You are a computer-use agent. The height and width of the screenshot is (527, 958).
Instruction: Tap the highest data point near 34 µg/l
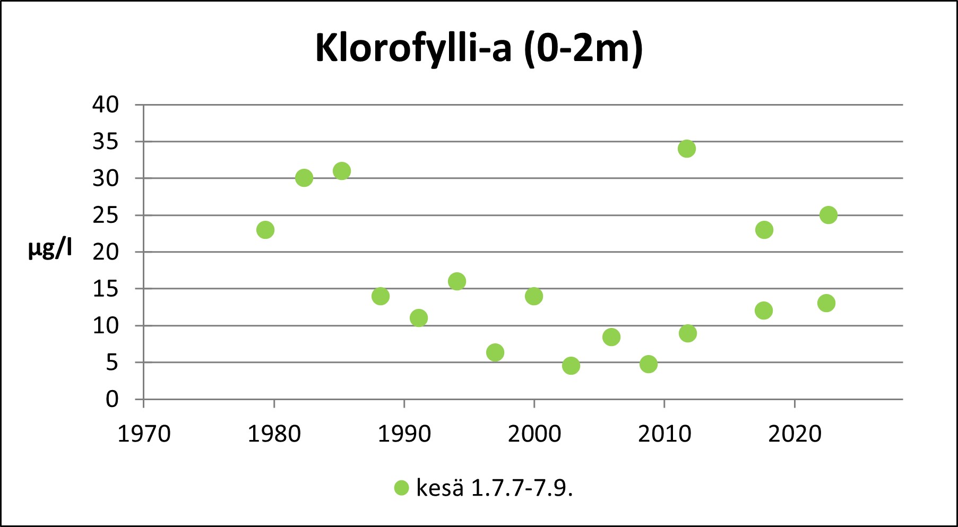click(x=686, y=149)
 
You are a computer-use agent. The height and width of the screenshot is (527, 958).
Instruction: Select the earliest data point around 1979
click(x=265, y=230)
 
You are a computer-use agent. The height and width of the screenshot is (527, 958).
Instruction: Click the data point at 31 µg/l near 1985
click(x=342, y=171)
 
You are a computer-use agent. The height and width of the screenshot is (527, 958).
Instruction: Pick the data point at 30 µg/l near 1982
click(x=304, y=178)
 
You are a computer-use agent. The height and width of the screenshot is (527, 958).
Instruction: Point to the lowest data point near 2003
click(x=571, y=366)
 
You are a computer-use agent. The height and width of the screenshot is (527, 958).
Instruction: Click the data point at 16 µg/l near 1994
click(x=456, y=281)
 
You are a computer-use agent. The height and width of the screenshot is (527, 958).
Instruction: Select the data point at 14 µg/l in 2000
click(x=533, y=296)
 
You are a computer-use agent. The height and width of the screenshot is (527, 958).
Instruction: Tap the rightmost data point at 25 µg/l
click(x=828, y=215)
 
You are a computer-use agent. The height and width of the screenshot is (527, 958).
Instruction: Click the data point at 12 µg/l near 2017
click(x=763, y=310)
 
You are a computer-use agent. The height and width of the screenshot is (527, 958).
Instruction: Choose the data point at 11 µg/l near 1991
click(x=418, y=318)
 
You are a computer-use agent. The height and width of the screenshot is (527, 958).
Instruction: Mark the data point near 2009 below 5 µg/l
click(x=648, y=364)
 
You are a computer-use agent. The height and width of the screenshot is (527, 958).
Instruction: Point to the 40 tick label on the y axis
click(x=106, y=105)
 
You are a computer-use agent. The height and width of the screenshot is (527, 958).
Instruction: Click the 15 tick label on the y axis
click(x=106, y=289)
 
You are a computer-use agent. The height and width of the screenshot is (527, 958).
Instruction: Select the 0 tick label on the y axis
click(x=112, y=399)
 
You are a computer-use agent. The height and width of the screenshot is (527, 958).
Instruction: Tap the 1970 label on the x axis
click(x=144, y=434)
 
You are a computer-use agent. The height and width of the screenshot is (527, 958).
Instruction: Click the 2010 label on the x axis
click(x=664, y=434)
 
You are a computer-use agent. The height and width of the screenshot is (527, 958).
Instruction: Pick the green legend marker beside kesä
click(x=402, y=488)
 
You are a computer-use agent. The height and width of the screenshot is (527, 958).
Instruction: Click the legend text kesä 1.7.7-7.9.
click(x=494, y=488)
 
